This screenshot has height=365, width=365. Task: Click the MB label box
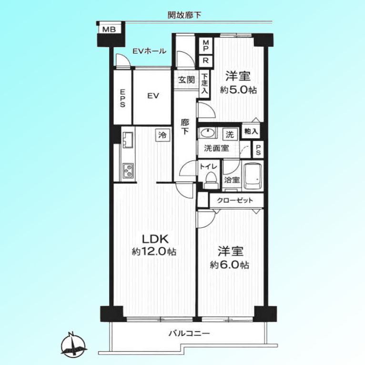(x=109, y=30)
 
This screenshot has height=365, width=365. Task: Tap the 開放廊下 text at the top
(x=184, y=15)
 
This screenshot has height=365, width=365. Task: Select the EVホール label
(x=150, y=51)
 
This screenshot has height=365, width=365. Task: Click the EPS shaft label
(x=122, y=99)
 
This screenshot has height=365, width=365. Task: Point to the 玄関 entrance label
(x=186, y=80)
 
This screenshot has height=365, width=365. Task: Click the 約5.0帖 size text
(x=238, y=90)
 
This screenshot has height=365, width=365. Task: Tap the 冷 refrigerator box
(x=162, y=135)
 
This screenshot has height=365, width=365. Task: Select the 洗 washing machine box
(x=230, y=134)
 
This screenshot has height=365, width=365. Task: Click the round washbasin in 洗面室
(x=206, y=133)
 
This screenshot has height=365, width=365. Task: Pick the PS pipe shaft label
(x=258, y=150)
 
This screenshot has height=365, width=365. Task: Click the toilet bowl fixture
(x=211, y=180)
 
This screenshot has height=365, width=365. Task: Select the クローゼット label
(x=235, y=201)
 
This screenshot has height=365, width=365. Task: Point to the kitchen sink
(x=128, y=140)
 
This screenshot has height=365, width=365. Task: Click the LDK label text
(x=155, y=239)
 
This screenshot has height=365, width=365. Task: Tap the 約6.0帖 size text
(x=230, y=265)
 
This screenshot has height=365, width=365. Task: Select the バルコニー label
(x=189, y=334)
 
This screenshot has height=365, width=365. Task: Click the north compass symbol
(x=73, y=345)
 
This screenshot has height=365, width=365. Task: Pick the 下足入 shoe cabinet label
(x=204, y=83)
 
